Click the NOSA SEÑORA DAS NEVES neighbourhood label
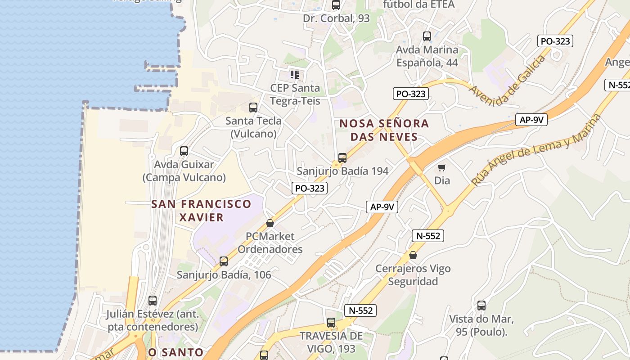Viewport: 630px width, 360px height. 384,130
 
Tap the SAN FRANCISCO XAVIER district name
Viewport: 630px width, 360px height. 201,211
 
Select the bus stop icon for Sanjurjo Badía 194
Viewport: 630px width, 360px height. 342,158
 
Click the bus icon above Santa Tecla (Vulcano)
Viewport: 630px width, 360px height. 253,108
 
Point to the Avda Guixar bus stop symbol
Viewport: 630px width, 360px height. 184,151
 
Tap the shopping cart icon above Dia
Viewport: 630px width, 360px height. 442,167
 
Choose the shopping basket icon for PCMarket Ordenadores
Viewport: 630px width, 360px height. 270,223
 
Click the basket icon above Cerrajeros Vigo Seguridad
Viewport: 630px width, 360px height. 413,256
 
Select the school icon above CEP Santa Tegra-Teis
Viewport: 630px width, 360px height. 295,74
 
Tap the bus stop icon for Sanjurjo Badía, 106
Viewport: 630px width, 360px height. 224,261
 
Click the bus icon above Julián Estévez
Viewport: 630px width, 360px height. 153,301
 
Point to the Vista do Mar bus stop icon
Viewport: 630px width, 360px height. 481,306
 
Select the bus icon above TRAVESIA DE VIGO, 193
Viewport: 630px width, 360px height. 331,323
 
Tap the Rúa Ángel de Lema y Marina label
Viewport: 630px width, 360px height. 536,150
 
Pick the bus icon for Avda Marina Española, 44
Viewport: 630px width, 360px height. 427,36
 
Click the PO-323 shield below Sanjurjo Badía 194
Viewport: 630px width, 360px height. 310,188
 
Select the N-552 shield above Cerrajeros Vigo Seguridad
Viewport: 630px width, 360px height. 428,235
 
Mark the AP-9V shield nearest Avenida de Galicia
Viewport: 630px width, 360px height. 531,120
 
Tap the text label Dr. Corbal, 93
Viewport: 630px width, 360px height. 336,18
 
